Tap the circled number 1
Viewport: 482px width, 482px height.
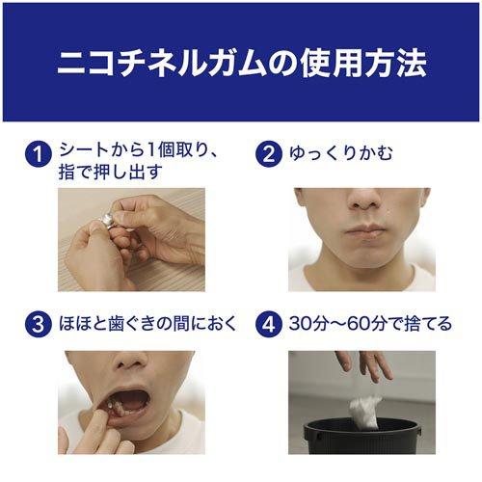point(37,154)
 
